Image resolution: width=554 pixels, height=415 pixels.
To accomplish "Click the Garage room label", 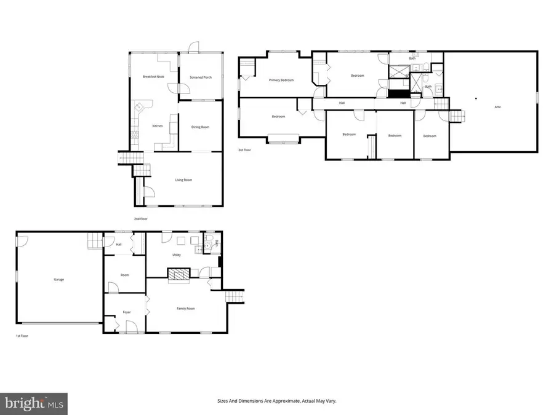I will coord(58,280).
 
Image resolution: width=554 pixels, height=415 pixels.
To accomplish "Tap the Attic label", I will coord(497,107).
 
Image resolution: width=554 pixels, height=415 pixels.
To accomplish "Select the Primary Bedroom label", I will coord(281,81).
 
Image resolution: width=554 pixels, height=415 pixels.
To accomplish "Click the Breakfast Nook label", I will coord(153,77).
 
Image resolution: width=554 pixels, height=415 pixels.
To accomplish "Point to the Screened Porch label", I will coord(200,77).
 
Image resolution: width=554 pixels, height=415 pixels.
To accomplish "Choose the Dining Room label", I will coord(200,127).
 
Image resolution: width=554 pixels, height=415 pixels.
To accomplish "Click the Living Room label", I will coord(183,180).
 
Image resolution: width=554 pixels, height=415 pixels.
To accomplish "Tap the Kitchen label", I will coord(158,126).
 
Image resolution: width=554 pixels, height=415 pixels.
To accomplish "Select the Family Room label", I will coord(186,309).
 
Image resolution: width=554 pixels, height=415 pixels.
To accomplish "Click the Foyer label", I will coord(126,312).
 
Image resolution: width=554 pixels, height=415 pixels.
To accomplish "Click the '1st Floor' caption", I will coord(22,336).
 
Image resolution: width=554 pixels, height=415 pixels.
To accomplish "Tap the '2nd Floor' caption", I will coord(141,219).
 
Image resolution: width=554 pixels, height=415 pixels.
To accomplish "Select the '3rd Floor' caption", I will coord(245,150).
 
